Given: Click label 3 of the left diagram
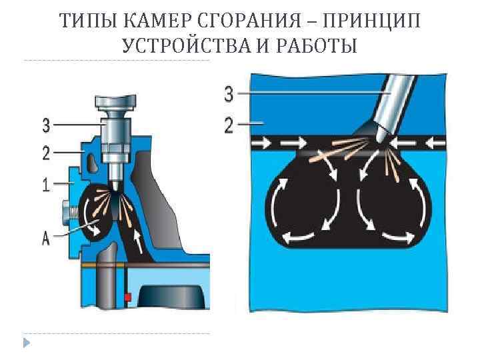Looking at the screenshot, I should pos(45,125).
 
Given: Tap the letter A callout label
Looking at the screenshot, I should pos(45,238).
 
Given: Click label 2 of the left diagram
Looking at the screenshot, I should pos(45,153).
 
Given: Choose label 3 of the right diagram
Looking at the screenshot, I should pos(229,95).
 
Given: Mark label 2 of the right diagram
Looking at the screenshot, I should pos(229,125).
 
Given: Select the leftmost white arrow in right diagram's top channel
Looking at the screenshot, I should pos(267,142).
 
